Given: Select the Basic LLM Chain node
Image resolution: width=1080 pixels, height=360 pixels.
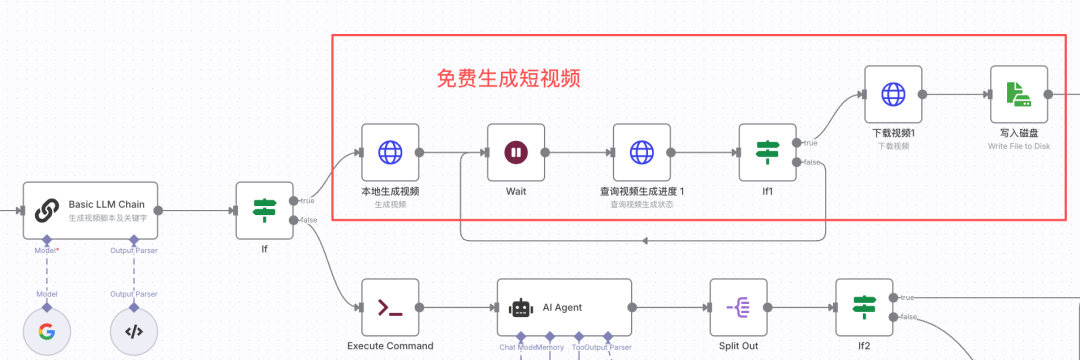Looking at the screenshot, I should tap(90, 210).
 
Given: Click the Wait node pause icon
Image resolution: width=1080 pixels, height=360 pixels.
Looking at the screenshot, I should tap(515, 153).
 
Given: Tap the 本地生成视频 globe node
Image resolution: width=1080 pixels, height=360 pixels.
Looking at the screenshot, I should tap(390, 153).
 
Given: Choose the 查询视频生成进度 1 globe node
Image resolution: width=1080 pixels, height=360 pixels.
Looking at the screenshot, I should tap(641, 153).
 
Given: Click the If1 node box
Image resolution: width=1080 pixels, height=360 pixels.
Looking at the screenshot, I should tap(767, 153).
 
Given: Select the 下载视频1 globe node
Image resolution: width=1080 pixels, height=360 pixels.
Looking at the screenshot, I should tap(893, 95).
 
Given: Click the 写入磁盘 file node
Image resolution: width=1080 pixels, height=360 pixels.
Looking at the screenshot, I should tap(1019, 95).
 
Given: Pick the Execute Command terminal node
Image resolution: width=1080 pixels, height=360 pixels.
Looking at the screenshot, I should tap(390, 308).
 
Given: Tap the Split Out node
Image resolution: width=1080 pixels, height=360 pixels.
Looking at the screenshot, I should tap(738, 308).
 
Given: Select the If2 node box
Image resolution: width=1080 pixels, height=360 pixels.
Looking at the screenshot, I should tap(864, 308).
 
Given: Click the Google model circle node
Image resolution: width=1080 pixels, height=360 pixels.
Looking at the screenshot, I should tap(47, 333).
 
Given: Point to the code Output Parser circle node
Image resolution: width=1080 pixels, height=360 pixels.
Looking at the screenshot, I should tap(134, 333).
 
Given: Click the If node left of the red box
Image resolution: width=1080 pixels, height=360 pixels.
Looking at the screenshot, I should tap(264, 211).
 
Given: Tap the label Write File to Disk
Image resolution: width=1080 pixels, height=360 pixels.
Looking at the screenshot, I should tap(1018, 146).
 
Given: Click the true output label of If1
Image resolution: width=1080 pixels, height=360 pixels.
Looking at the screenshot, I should tap(810, 143).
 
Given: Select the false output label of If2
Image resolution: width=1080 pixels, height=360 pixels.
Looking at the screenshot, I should tap(909, 317).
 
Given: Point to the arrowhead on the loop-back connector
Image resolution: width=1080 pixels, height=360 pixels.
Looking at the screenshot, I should tap(645, 241).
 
